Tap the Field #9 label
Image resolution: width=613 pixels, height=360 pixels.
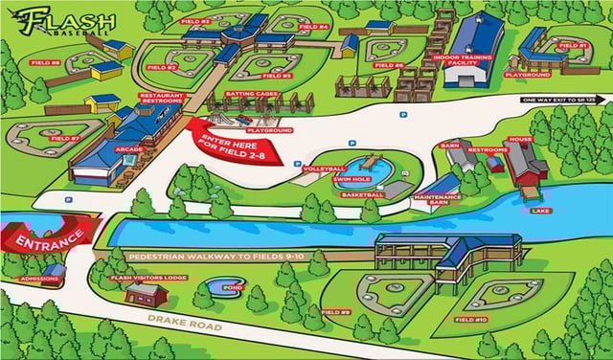336,312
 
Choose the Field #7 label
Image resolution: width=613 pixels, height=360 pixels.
65,138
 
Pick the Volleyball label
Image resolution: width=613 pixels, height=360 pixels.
324,169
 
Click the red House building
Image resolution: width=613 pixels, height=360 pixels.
524,165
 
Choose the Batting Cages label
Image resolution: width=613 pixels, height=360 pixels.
252,94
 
